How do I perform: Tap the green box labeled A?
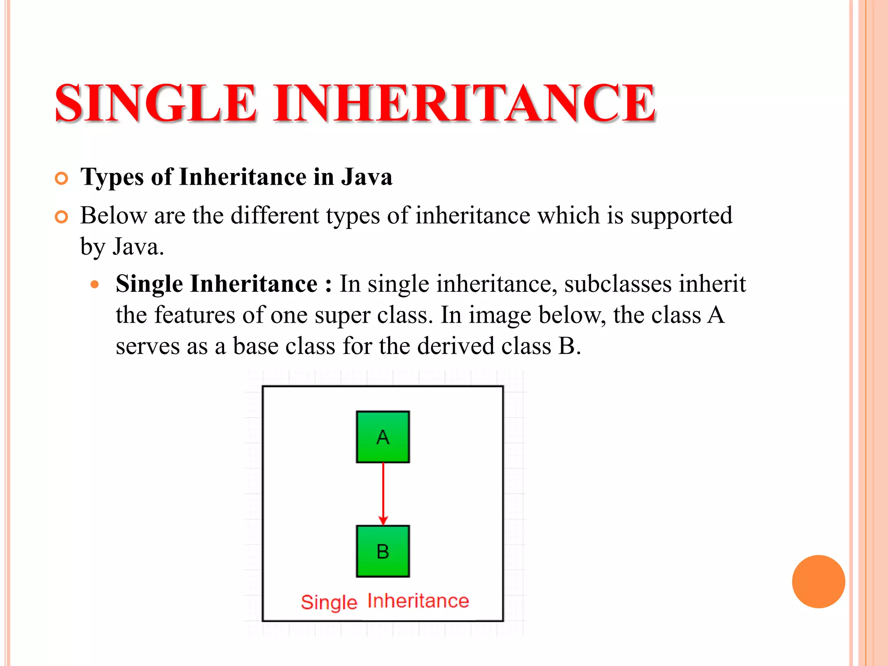pos(383,437)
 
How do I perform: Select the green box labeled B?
pos(383,552)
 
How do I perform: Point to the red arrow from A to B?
pos(383,494)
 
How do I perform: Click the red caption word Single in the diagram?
pos(329,603)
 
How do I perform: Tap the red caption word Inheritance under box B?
pos(418,601)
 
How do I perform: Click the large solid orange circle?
pos(818,581)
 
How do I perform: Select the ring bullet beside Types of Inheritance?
pos(62,178)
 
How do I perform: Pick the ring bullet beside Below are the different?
pos(62,217)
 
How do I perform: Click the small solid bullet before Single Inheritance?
pos(95,285)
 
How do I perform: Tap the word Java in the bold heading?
pos(366,177)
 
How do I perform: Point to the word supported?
pos(681,216)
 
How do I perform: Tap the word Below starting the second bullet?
pos(114,215)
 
